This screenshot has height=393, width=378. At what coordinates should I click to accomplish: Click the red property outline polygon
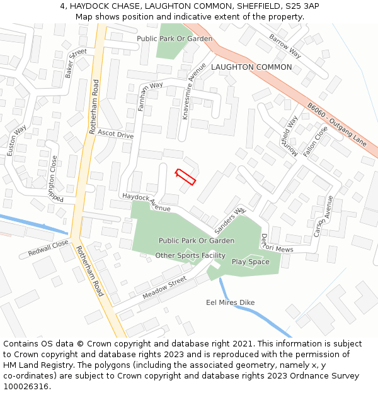pyautogui.click(x=185, y=177)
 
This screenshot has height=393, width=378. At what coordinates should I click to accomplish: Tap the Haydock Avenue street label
pyautogui.click(x=147, y=202)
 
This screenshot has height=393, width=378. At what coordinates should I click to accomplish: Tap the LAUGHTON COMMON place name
pyautogui.click(x=251, y=67)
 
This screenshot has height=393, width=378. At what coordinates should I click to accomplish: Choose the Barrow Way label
pyautogui.click(x=285, y=46)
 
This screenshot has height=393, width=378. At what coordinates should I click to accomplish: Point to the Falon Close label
pyautogui.click(x=316, y=141)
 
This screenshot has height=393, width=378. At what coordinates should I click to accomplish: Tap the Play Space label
pyautogui.click(x=250, y=262)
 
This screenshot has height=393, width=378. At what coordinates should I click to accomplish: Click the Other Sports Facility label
pyautogui.click(x=190, y=255)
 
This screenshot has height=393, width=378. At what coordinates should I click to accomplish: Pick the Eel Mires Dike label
pyautogui.click(x=231, y=302)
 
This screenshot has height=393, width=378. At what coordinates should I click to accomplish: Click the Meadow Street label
pyautogui.click(x=164, y=287)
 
